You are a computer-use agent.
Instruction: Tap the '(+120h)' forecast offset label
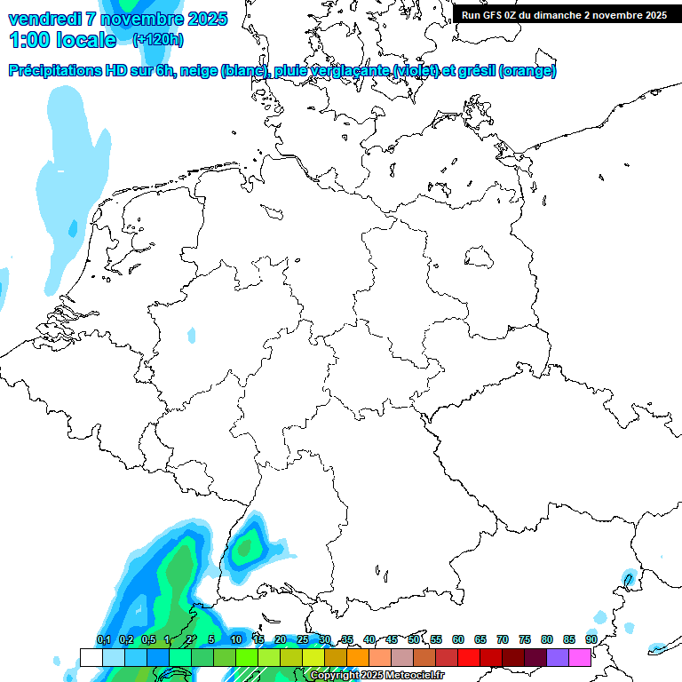point(158,40)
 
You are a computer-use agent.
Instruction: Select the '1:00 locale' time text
point(62,40)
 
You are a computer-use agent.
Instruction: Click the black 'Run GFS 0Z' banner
point(564,14)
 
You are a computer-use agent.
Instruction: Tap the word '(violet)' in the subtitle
point(410,71)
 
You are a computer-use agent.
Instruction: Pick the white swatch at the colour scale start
point(91,658)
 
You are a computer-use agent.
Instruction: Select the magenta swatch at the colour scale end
point(580,658)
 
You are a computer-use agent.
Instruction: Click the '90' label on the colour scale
point(591,639)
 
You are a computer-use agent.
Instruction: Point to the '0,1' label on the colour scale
point(103,639)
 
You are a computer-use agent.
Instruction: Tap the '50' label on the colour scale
point(414,639)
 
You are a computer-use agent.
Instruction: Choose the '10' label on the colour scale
point(236,639)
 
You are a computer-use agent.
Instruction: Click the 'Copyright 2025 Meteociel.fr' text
point(377,676)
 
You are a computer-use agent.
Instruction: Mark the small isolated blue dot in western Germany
point(192,335)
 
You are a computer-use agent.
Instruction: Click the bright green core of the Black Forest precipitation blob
point(246,545)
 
